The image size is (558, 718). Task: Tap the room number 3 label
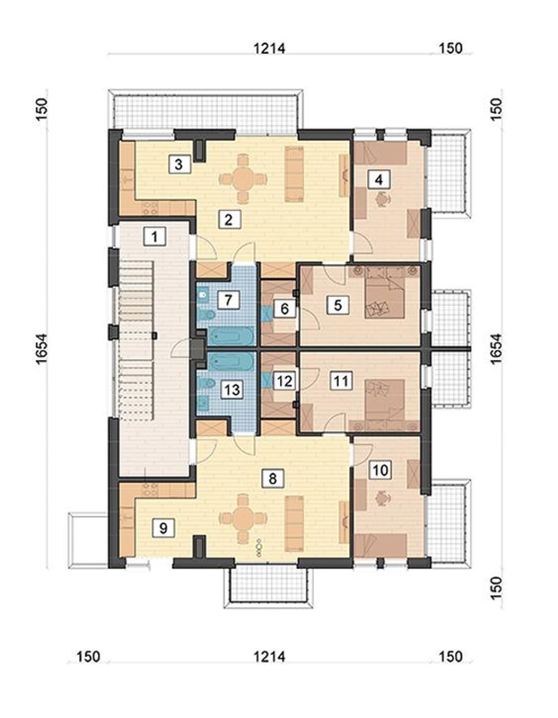(178, 164)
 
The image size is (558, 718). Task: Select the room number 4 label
(379, 180)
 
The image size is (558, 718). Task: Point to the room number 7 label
(228, 300)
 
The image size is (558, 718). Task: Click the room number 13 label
(232, 389)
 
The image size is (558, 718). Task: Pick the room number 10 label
(381, 470)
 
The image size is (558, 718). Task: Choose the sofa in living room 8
(295, 519)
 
